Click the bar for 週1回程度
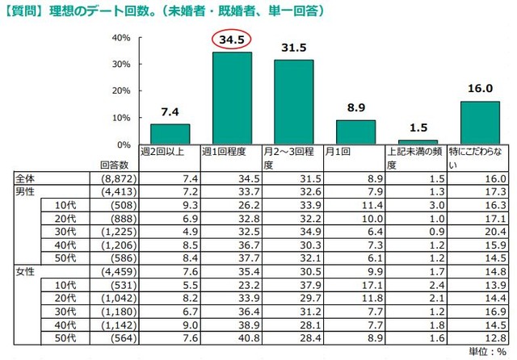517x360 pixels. (x=232, y=98)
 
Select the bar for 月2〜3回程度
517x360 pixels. (x=294, y=103)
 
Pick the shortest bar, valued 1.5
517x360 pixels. (x=418, y=142)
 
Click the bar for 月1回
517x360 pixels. (x=355, y=132)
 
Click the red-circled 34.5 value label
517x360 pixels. (x=232, y=40)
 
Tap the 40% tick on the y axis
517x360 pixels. (x=122, y=38)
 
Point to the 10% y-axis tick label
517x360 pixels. (x=122, y=118)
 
